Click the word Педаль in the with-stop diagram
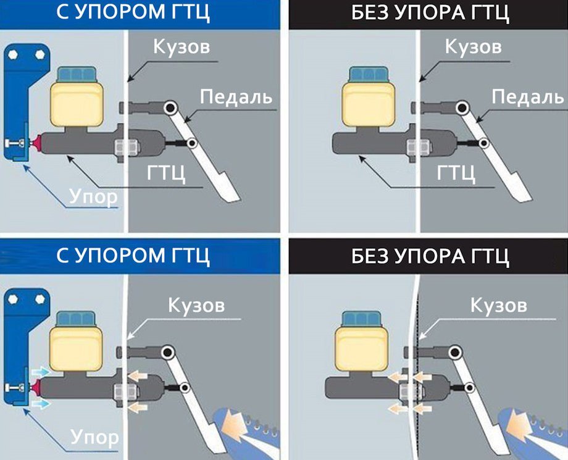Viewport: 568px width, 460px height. point(236,96)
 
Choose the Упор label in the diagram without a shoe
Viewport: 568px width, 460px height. point(93,197)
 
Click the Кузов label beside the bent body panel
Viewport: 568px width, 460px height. point(498,304)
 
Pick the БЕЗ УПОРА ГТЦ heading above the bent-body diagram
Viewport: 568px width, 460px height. point(430,255)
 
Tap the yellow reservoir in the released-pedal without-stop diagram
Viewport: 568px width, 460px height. point(368,106)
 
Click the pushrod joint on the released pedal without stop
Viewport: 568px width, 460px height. point(484,144)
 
